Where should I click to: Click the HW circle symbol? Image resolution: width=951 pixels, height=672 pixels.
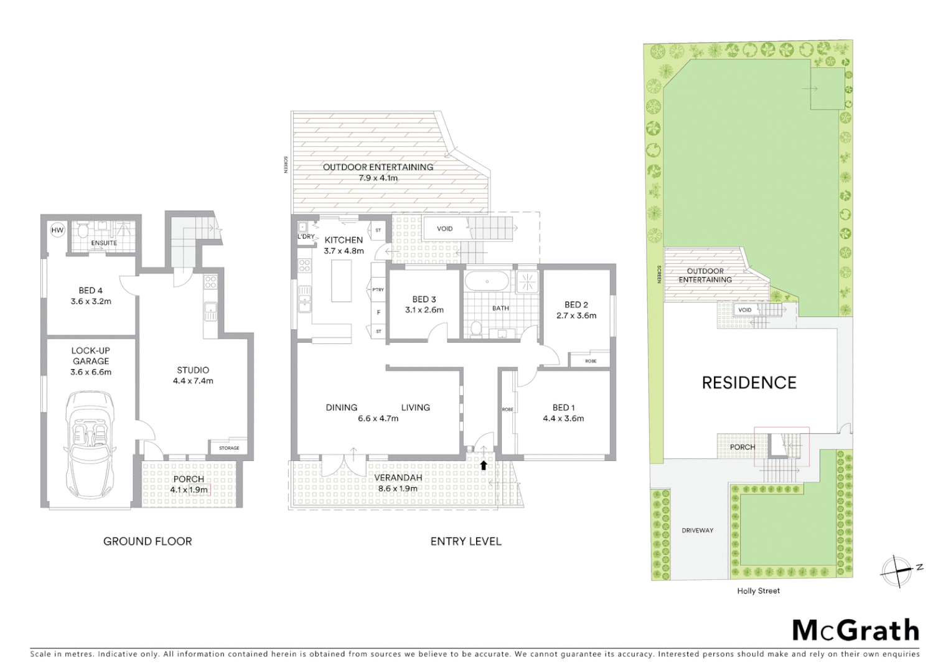tap(57, 230)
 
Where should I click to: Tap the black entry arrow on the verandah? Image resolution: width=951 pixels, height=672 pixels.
tap(484, 465)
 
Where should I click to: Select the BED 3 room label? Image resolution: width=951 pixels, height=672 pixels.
tap(424, 299)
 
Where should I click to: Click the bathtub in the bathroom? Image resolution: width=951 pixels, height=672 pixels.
tap(487, 281)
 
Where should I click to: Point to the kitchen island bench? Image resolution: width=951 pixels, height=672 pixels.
tap(340, 281)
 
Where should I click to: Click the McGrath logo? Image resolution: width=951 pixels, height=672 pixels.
tap(856, 630)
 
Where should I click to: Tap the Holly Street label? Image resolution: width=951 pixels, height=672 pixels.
tap(758, 590)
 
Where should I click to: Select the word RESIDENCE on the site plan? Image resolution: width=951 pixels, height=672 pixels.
tap(749, 383)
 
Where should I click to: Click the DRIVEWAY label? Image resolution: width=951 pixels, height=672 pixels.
tap(697, 530)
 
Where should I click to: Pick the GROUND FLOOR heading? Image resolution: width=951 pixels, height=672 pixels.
tap(148, 541)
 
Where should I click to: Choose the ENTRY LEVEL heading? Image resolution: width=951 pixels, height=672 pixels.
tap(466, 541)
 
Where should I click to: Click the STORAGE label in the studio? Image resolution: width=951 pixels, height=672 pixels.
tap(228, 448)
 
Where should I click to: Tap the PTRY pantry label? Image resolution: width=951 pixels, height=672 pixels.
tap(378, 290)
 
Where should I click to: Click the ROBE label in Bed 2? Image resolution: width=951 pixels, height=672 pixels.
tap(590, 361)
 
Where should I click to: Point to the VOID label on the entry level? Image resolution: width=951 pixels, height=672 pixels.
tap(444, 228)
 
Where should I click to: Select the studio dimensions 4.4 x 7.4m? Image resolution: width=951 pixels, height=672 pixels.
tap(193, 381)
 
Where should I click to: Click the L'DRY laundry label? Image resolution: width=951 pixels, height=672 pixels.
tap(306, 237)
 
